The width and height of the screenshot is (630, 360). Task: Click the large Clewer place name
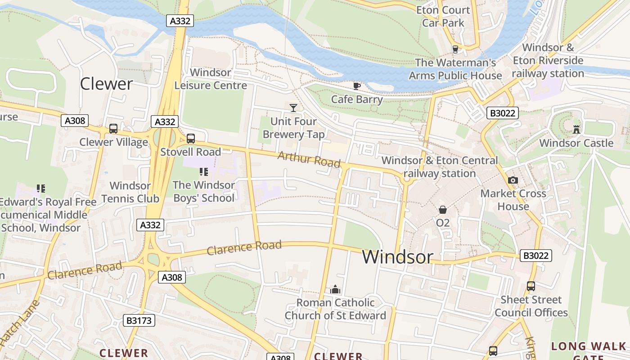[106, 84]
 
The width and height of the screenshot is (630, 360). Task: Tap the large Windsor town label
[398, 257]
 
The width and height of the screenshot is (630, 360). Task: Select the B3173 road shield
[139, 320]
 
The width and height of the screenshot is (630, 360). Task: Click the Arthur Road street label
[309, 159]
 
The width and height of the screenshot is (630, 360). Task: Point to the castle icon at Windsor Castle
[576, 130]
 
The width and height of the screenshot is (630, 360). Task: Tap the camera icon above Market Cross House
[513, 180]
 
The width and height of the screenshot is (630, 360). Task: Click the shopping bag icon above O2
[443, 210]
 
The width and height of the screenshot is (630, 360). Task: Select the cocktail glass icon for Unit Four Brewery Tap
[293, 108]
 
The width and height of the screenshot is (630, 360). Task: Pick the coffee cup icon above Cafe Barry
[357, 86]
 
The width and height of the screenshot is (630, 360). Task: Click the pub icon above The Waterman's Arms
[455, 49]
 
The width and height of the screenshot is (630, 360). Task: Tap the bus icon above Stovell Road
[191, 139]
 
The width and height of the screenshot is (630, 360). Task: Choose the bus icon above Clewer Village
[113, 129]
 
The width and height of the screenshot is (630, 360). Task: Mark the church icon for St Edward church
[335, 289]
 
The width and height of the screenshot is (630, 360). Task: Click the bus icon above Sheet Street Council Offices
[531, 286]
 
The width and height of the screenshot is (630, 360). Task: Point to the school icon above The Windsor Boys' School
[203, 172]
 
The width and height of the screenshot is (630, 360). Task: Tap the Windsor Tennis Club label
[130, 192]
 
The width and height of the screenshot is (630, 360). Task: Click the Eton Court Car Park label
[443, 16]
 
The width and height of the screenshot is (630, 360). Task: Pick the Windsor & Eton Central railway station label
[440, 167]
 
